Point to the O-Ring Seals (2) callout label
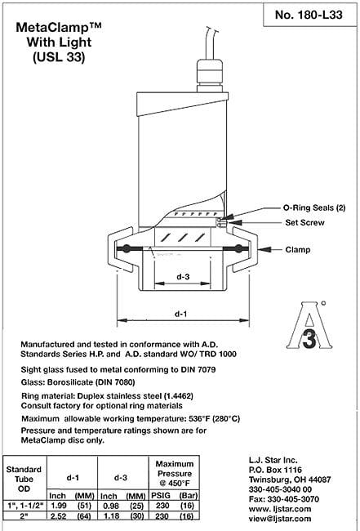(x=314, y=207)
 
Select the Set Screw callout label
(x=304, y=222)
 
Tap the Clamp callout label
(x=298, y=250)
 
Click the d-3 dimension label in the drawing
(x=183, y=276)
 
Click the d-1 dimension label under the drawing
(x=180, y=314)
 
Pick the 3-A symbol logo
(x=309, y=326)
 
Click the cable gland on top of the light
(x=210, y=75)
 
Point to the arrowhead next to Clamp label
(x=264, y=250)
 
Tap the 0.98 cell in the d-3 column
(x=109, y=505)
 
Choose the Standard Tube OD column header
(x=24, y=479)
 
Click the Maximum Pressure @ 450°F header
(x=174, y=473)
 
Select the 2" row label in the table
(x=24, y=515)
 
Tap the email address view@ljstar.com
(x=280, y=518)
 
